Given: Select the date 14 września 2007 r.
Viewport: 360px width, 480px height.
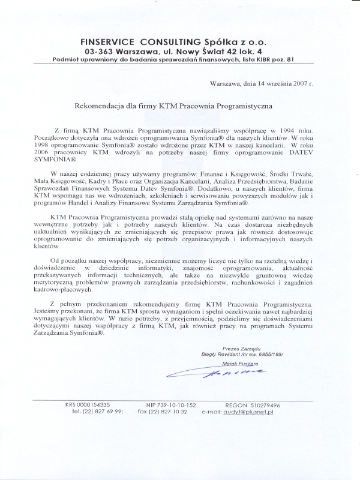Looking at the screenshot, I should click(x=285, y=85).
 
